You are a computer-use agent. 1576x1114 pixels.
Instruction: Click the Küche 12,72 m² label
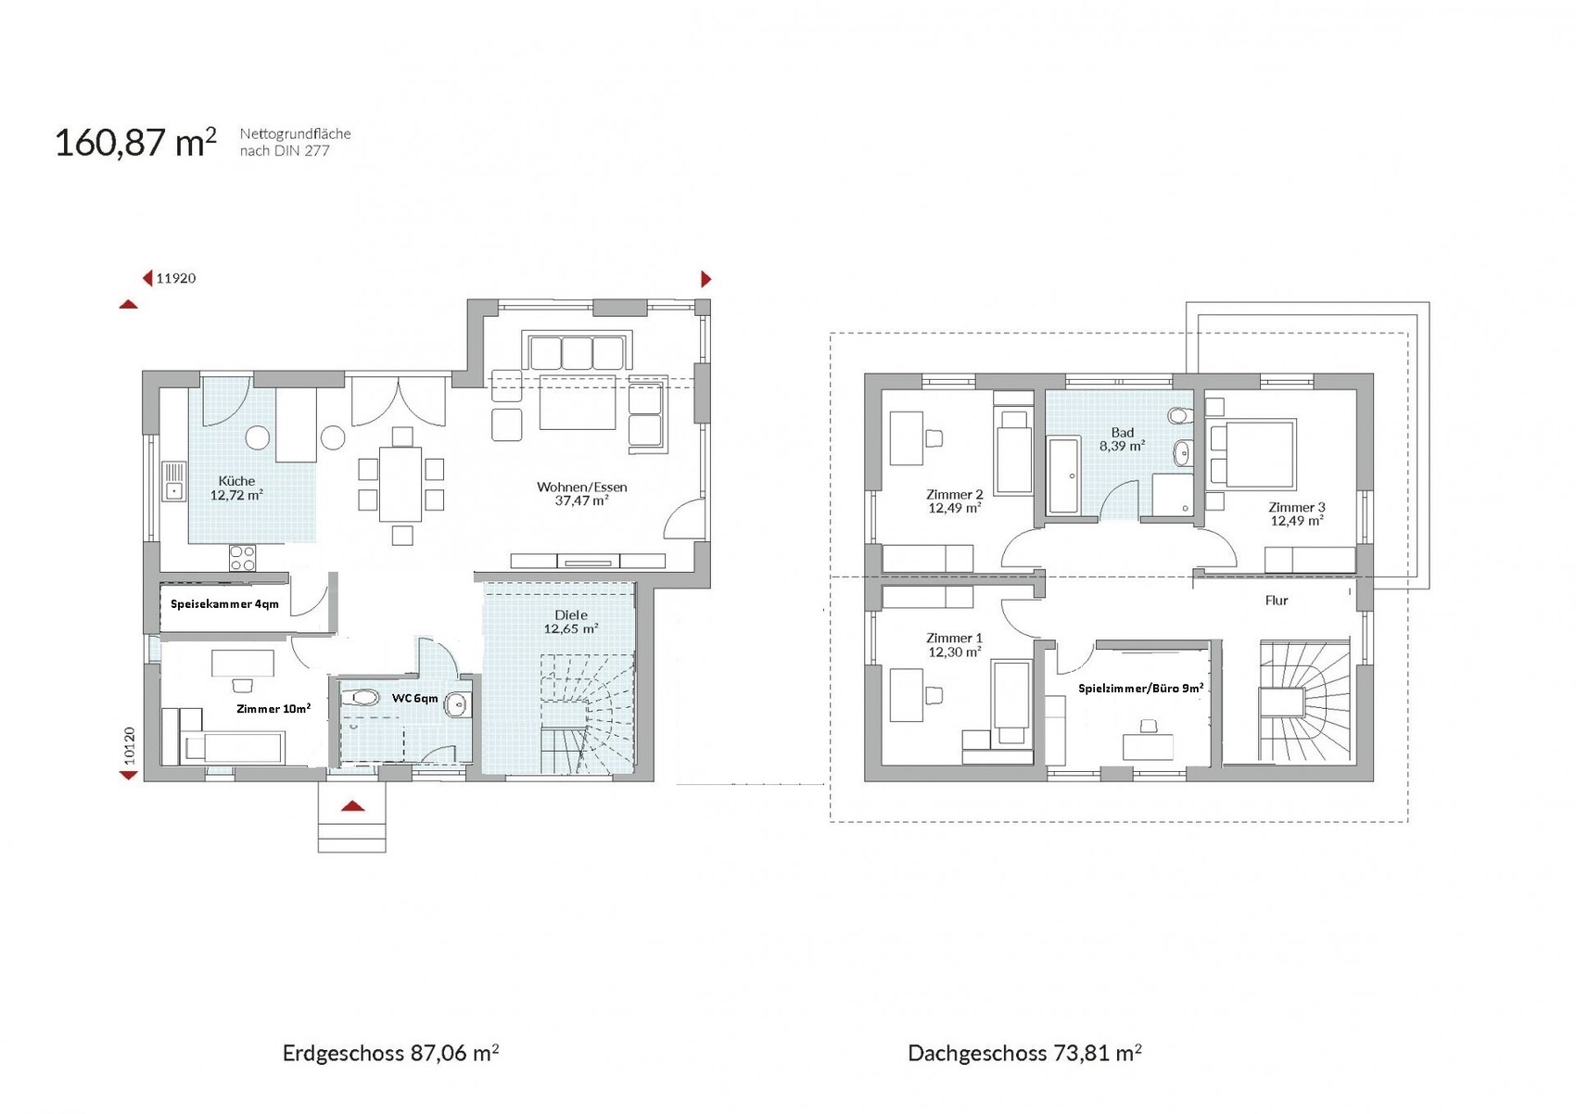click(x=236, y=487)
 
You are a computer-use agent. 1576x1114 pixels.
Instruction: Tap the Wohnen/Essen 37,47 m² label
click(x=581, y=493)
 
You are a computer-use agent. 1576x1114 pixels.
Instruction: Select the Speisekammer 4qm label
click(x=224, y=604)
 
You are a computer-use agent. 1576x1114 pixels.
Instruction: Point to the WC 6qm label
click(x=415, y=698)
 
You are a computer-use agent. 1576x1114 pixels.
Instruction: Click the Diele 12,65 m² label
click(x=570, y=622)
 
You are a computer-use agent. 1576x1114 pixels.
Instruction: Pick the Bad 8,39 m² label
click(x=1122, y=439)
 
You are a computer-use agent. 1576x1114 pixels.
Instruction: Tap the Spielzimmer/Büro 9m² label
click(x=1140, y=688)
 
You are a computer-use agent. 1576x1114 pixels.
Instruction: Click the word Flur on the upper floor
click(x=1277, y=600)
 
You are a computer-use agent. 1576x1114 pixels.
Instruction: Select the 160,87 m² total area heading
click(x=135, y=143)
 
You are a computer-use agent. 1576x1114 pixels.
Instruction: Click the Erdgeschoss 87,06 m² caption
click(x=390, y=1053)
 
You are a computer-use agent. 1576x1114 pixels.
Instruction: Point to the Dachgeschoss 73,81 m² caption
click(x=1024, y=1053)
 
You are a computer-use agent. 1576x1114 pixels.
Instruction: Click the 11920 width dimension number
click(x=176, y=278)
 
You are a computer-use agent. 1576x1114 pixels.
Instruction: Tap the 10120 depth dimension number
click(x=129, y=745)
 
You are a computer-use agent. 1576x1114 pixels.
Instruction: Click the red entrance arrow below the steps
click(x=352, y=806)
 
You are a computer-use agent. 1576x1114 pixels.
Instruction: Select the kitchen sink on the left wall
click(x=173, y=481)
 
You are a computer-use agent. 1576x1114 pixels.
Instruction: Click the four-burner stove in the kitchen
click(x=242, y=559)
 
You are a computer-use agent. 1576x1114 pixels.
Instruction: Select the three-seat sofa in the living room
click(x=578, y=351)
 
